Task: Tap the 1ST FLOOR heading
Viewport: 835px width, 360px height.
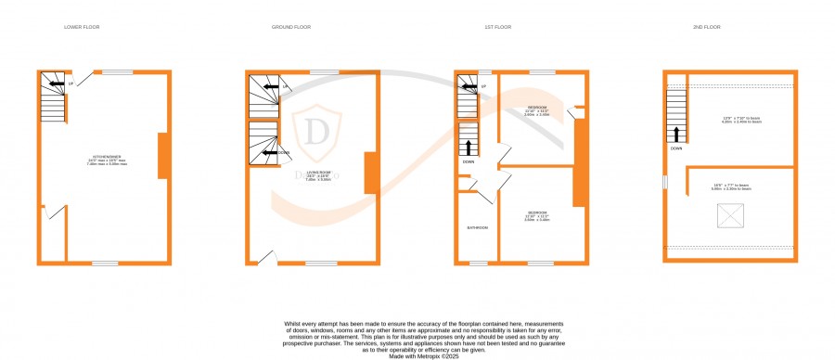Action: click(x=497, y=27)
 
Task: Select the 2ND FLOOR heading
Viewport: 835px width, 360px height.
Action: click(x=707, y=27)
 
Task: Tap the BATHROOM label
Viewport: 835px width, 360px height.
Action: click(x=477, y=227)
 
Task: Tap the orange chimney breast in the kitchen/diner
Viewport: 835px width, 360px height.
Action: click(x=162, y=155)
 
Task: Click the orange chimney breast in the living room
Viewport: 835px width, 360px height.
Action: click(x=370, y=173)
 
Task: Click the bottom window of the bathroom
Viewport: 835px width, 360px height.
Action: click(x=476, y=263)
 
